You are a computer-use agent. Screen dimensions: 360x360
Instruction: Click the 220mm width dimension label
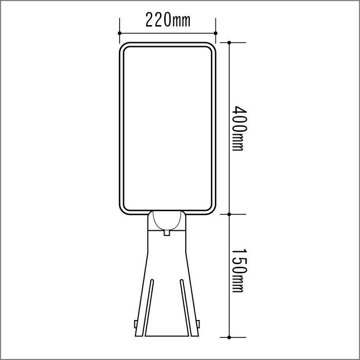[168, 20]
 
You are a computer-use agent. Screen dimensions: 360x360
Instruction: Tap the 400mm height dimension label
[239, 128]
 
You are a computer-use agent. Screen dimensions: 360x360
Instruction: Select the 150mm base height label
[239, 270]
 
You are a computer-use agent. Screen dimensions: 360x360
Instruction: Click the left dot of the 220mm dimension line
[119, 33]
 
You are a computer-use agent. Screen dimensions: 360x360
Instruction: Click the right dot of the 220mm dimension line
[215, 33]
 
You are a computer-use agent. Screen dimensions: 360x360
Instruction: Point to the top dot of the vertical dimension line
[229, 43]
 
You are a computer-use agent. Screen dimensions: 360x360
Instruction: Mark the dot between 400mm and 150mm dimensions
[229, 214]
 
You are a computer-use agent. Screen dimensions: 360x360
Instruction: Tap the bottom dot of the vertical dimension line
[229, 337]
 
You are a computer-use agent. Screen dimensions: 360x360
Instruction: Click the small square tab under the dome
[167, 233]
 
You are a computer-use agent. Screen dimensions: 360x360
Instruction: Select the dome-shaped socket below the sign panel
[167, 221]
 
